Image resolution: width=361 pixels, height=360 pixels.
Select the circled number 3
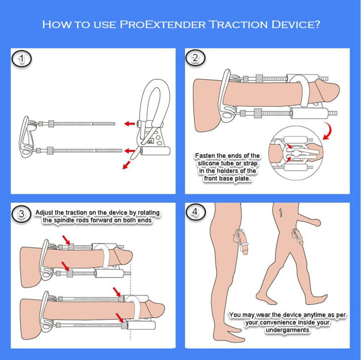click(21, 214)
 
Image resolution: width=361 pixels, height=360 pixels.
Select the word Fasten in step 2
click(207, 156)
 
